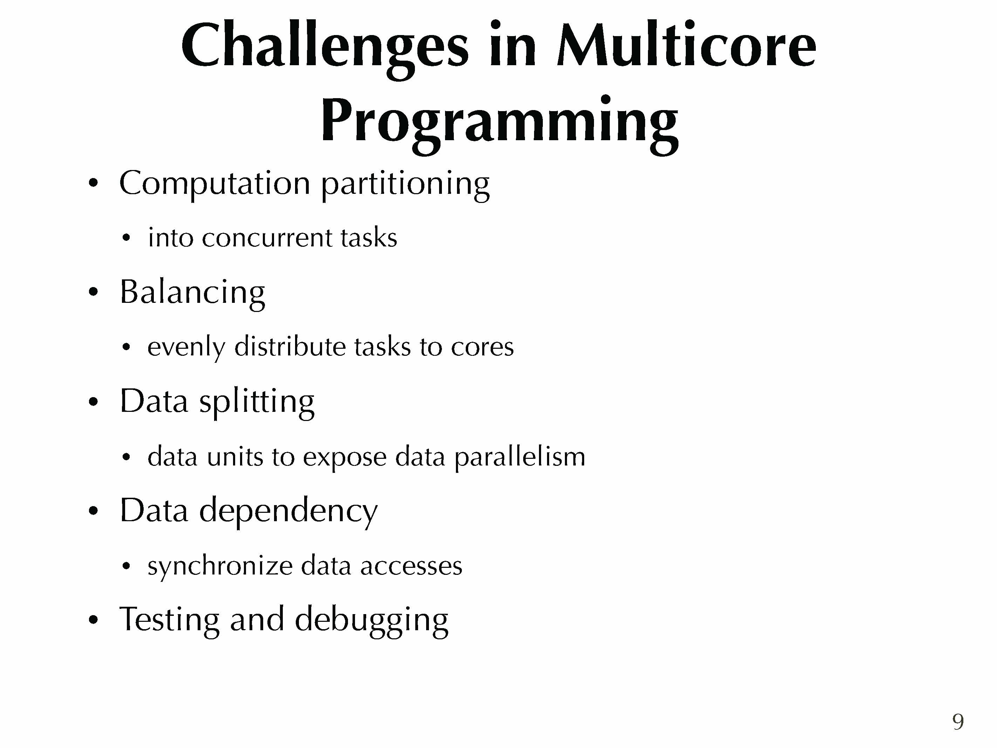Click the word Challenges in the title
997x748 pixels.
(325, 49)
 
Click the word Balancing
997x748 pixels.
(192, 293)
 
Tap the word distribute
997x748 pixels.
(290, 346)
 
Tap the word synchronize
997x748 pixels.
(220, 567)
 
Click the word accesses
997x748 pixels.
(411, 567)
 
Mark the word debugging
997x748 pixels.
(371, 620)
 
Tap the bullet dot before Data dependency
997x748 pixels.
(93, 511)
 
